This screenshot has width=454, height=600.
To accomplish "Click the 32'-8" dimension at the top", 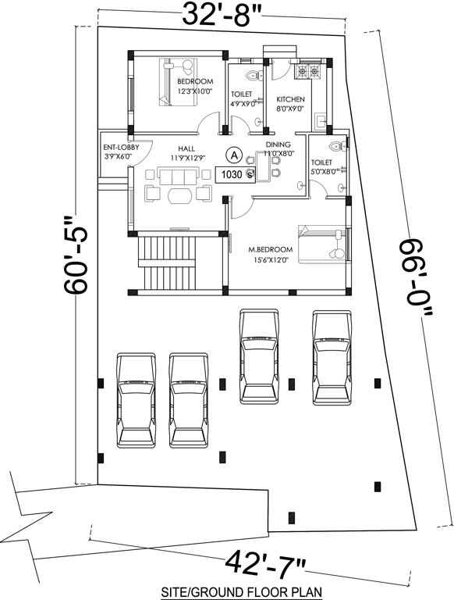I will [222, 13].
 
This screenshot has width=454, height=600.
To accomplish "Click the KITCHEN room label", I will [290, 100].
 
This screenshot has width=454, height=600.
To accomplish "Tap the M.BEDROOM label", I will [270, 249].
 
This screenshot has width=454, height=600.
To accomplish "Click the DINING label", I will [278, 145].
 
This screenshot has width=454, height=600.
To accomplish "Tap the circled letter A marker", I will [232, 155].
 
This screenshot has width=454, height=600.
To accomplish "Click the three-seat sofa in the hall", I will [174, 173].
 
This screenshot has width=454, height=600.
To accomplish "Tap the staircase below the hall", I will [168, 263].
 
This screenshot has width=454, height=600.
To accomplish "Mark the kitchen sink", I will [320, 120].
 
